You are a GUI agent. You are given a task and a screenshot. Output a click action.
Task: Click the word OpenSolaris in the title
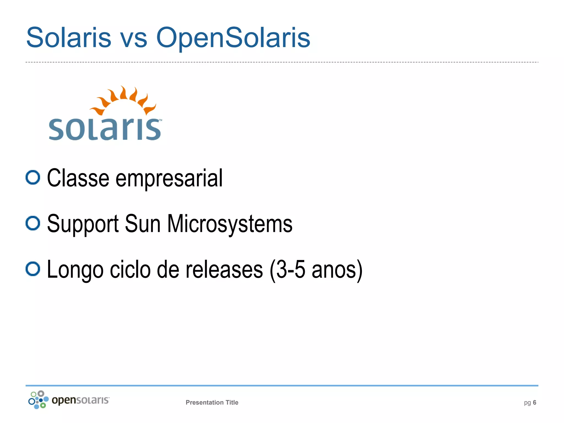233,38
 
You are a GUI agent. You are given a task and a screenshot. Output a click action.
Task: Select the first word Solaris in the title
69,38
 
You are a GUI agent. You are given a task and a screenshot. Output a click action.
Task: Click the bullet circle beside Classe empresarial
33,177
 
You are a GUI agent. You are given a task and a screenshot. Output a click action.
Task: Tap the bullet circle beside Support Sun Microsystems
33,223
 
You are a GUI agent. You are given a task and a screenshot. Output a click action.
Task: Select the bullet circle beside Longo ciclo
33,269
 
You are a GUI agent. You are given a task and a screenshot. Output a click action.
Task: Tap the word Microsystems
230,224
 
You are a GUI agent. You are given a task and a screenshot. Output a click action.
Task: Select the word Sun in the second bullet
143,224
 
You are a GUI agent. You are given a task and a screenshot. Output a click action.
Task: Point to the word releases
224,270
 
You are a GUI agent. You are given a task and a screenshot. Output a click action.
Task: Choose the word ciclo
130,270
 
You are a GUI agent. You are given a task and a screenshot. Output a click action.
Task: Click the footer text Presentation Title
212,402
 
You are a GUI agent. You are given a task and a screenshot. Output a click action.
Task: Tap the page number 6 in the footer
535,402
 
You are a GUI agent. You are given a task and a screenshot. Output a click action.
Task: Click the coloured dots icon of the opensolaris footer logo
38,400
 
